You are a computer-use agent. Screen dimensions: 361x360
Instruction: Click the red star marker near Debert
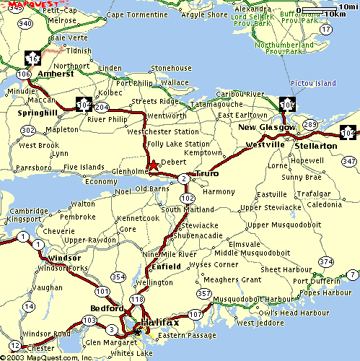pos(153,166)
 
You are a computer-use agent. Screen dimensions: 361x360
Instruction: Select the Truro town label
pos(206,174)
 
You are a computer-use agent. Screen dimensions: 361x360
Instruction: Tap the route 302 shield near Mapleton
pos(28,130)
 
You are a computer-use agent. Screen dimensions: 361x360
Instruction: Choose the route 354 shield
pos(118,277)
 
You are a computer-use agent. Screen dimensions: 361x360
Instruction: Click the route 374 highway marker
pos(326,261)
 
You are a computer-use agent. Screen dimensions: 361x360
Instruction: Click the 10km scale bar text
pos(335,14)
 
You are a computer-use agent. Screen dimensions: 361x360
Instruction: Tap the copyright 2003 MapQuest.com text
pos(47,356)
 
